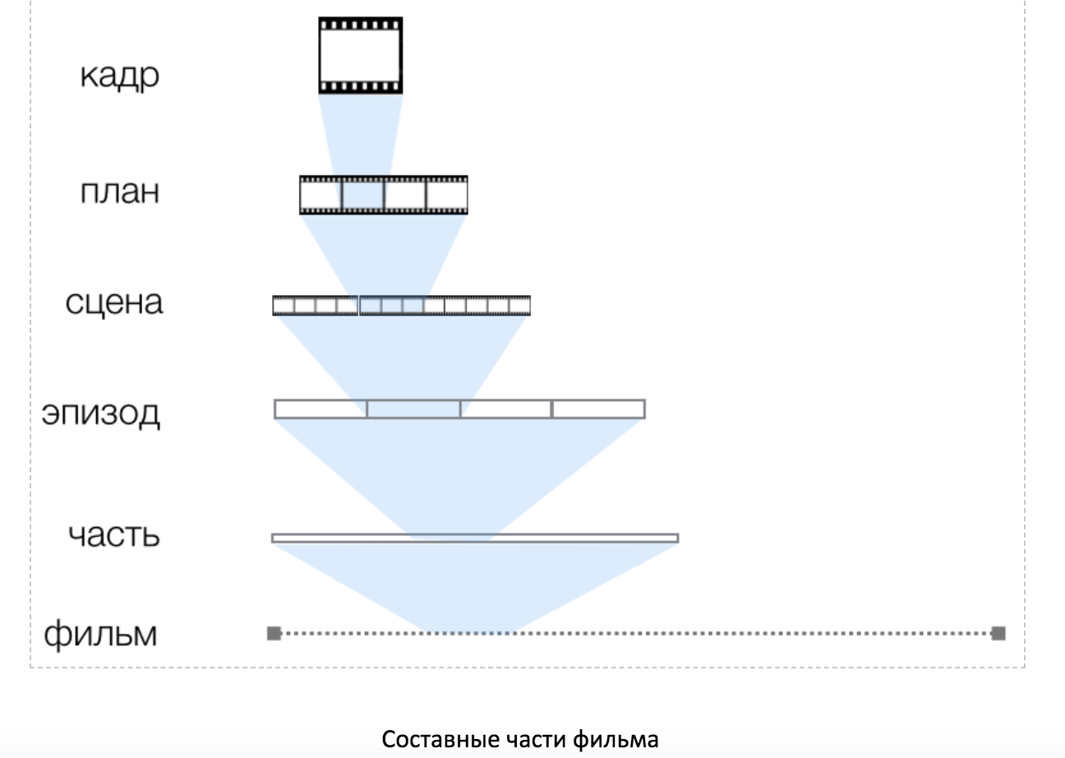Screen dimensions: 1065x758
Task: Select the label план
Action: [x=119, y=192]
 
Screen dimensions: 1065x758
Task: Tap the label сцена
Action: [x=114, y=303]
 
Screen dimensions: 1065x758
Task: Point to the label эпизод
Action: [x=101, y=414]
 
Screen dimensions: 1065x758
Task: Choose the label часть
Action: [x=114, y=534]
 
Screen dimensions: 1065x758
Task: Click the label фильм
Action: [x=100, y=635]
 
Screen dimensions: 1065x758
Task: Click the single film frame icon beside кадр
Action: [x=361, y=55]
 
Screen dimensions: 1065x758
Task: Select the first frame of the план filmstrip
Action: [x=320, y=195]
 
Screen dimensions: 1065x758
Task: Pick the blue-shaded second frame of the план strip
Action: [x=362, y=195]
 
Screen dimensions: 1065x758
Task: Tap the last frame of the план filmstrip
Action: [x=447, y=195]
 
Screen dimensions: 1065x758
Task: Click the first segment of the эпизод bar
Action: [x=320, y=409]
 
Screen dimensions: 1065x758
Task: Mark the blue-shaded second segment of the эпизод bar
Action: [x=413, y=409]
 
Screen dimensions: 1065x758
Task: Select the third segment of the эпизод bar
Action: [x=506, y=409]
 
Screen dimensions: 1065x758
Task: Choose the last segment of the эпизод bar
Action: [x=598, y=409]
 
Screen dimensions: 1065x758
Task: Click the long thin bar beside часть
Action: [x=475, y=538]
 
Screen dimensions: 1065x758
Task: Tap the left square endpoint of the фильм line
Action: [x=274, y=633]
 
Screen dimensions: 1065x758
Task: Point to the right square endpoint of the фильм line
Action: [x=998, y=633]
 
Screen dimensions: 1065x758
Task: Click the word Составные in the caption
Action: [x=440, y=740]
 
